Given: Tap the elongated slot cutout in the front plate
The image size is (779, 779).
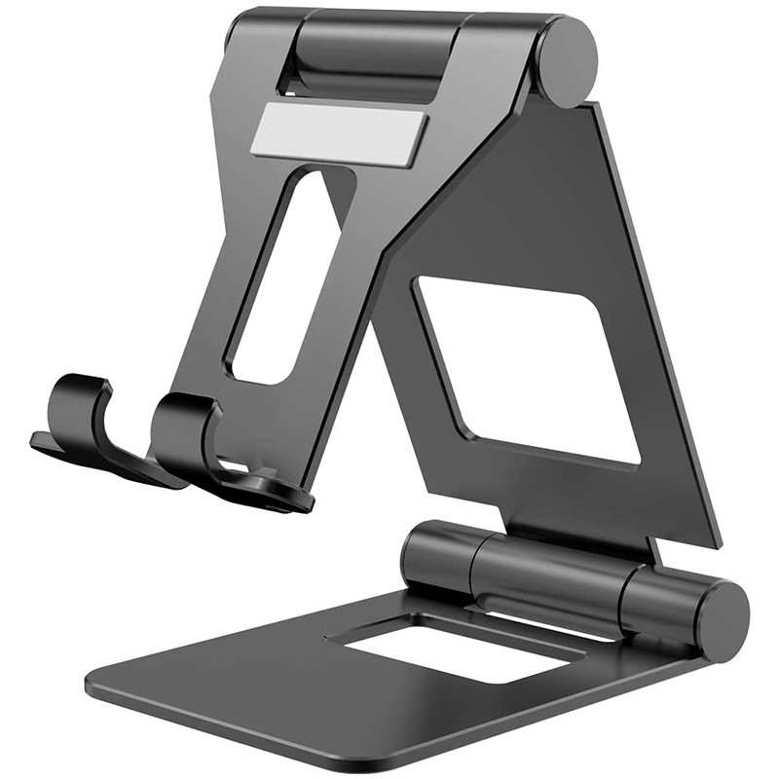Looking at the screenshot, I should coord(276,278).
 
